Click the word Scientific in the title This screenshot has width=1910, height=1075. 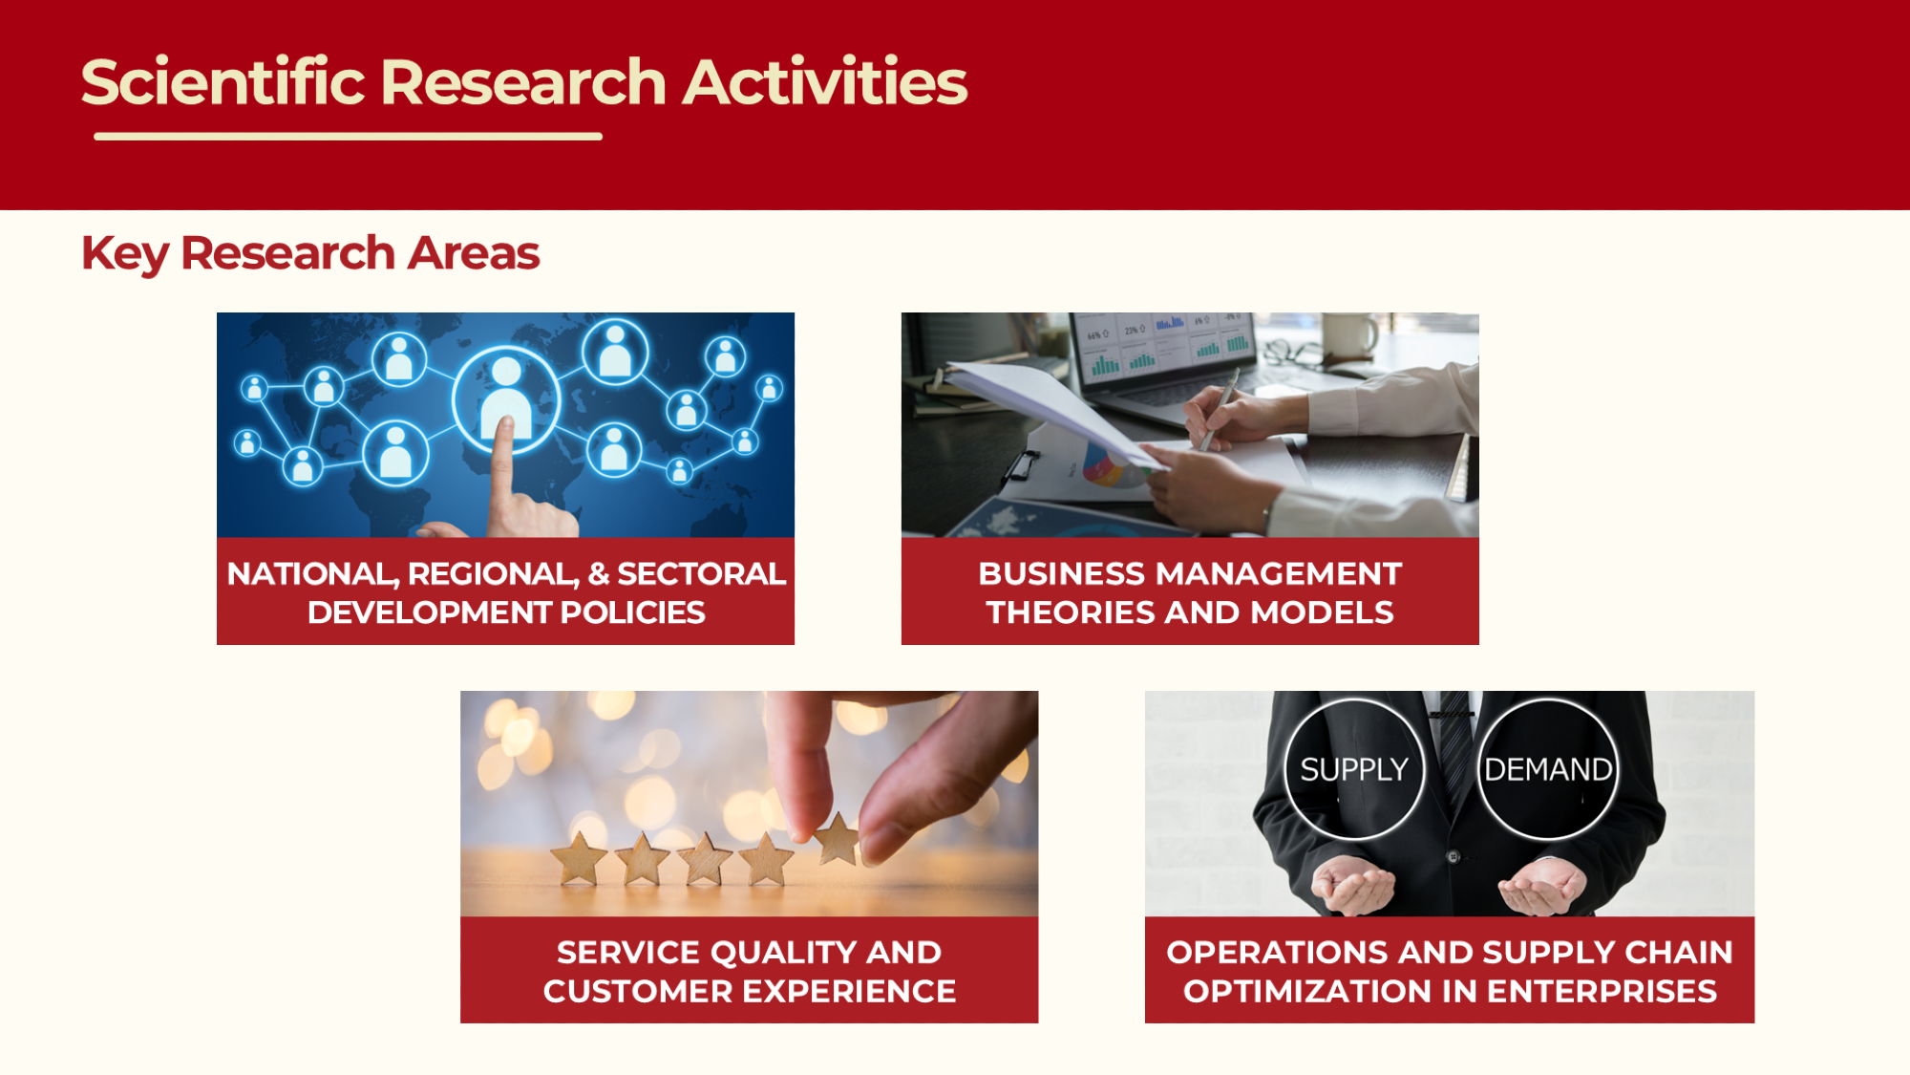(x=223, y=81)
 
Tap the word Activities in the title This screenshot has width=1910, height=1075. (x=825, y=81)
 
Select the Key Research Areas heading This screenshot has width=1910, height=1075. (x=310, y=254)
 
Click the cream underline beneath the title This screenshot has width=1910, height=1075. (x=348, y=137)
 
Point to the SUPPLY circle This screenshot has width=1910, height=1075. (x=1354, y=769)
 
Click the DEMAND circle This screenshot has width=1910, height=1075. (x=1548, y=769)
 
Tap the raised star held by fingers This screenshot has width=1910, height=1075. (x=838, y=839)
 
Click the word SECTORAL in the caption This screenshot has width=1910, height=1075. (x=701, y=573)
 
